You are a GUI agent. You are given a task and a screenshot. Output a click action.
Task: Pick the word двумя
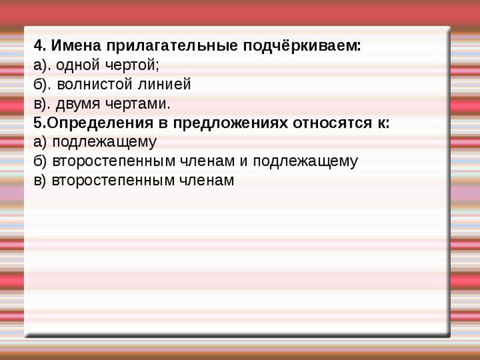point(80,104)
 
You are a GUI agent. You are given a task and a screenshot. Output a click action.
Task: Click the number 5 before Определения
point(38,124)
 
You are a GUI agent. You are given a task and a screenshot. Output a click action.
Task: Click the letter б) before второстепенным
point(40,161)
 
